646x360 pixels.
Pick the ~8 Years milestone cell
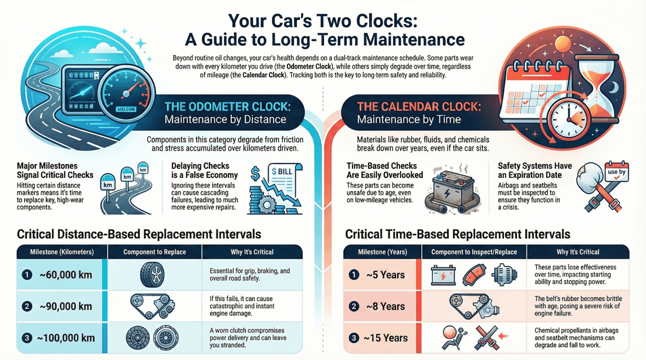(384, 307)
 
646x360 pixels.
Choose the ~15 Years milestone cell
(384, 338)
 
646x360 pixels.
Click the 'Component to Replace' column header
(154, 252)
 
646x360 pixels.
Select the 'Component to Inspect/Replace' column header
(473, 252)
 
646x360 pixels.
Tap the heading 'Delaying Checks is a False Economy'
(204, 170)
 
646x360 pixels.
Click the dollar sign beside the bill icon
(256, 174)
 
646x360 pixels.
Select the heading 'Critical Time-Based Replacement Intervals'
(457, 235)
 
